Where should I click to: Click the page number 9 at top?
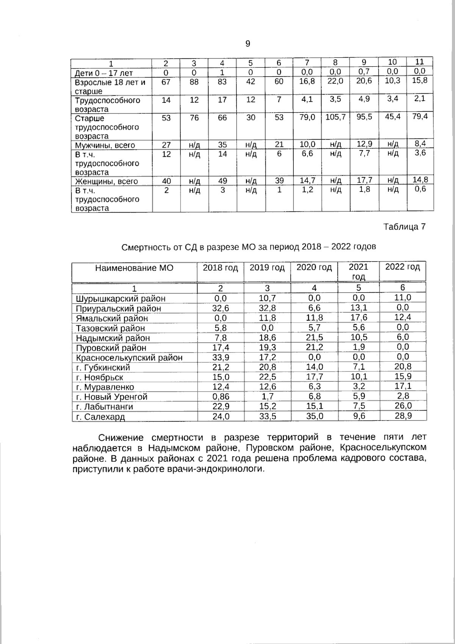tap(248, 44)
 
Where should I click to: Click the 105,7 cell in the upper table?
tap(335, 117)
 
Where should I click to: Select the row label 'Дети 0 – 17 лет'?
tap(104, 73)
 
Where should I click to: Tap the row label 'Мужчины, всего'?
tap(105, 145)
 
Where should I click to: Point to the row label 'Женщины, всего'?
tap(106, 181)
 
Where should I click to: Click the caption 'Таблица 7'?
tap(404, 227)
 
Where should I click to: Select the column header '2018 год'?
tap(220, 268)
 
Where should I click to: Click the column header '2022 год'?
tap(402, 267)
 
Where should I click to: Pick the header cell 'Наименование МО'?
tap(134, 268)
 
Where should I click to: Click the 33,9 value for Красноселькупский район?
tap(220, 357)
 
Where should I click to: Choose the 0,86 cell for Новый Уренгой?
tap(220, 397)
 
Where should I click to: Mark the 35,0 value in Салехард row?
tap(314, 416)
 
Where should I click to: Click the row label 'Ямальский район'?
tap(112, 318)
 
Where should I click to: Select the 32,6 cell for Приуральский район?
tap(220, 308)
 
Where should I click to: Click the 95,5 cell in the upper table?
tap(364, 117)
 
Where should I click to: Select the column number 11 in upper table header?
tap(420, 62)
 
